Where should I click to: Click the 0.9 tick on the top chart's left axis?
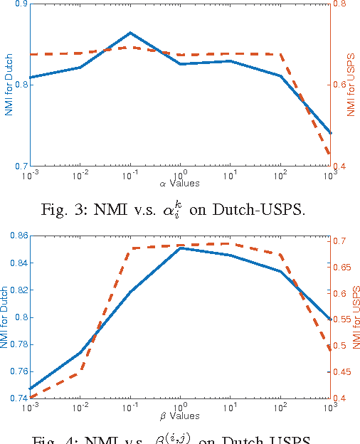point(21,4)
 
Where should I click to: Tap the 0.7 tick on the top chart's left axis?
point(21,166)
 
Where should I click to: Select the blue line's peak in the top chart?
point(130,33)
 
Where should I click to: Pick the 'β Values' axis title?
point(179,416)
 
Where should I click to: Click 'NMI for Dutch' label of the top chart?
point(8,85)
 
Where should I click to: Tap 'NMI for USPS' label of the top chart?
point(350,85)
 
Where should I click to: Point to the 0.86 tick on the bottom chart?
point(18,236)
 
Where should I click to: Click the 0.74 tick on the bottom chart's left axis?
point(18,398)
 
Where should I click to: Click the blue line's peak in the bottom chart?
point(180,248)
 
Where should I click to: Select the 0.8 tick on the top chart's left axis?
point(21,85)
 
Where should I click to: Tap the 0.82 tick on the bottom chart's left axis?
point(18,290)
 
